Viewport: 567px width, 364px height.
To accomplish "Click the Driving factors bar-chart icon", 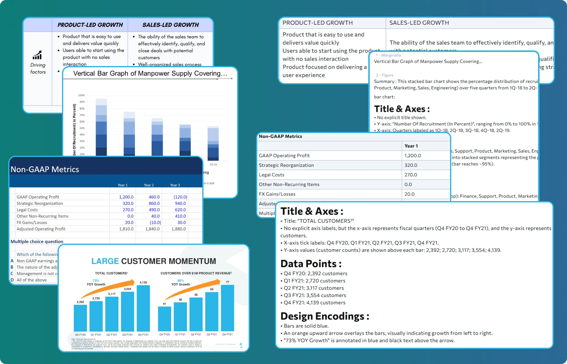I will (x=37, y=55).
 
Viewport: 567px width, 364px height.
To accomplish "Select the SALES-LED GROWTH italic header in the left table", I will (x=170, y=25).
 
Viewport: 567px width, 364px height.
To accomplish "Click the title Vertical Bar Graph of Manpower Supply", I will (x=150, y=73).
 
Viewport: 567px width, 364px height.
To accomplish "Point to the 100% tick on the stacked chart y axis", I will (x=81, y=95).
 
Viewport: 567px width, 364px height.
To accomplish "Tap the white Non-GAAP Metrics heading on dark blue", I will (x=45, y=169).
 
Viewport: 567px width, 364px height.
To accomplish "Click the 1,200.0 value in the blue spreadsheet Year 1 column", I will (x=126, y=197).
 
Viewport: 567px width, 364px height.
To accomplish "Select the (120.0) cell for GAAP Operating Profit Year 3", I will (x=180, y=197).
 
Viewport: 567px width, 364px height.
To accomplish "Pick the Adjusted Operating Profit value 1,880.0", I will (x=179, y=229).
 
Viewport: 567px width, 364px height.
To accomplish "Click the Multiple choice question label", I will (x=37, y=242).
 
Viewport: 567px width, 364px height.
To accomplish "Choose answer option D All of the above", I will (x=31, y=280).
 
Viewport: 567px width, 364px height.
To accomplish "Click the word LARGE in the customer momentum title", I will (x=105, y=261).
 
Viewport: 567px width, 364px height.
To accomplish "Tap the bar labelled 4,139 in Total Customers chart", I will (x=143, y=308).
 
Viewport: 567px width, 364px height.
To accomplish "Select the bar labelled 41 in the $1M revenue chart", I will (x=164, y=319).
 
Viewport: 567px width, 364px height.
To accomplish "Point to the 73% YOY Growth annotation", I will (x=96, y=283).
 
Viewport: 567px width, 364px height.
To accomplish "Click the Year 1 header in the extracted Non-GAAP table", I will (x=411, y=146).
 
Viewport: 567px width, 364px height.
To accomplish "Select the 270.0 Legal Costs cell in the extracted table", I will (x=410, y=175).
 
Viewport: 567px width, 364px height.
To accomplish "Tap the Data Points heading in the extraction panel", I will (x=311, y=264).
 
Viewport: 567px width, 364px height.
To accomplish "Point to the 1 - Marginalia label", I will (x=388, y=55).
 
